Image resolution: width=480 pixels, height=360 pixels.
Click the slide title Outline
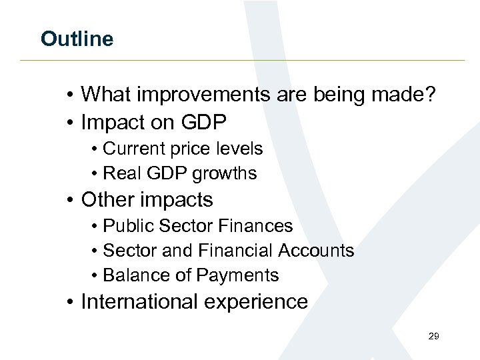77,39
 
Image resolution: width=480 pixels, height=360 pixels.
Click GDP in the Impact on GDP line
204,122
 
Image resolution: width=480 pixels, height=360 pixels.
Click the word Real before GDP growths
121,173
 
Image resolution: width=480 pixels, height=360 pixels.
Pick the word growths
225,173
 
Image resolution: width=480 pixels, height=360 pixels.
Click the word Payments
241,275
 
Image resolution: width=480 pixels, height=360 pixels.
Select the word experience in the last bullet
261,303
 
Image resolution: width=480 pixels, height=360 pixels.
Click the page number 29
433,337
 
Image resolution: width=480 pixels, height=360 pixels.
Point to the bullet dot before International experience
70,303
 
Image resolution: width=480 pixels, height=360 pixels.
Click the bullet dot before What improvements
70,95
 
